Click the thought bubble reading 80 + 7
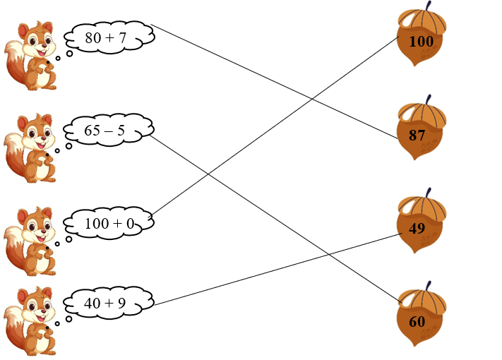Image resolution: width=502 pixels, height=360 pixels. pyautogui.click(x=107, y=38)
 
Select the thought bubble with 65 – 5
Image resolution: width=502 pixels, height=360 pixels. pyautogui.click(x=107, y=131)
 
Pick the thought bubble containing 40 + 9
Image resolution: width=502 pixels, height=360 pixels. pyautogui.click(x=107, y=304)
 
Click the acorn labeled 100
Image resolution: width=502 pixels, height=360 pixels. pyautogui.click(x=422, y=41)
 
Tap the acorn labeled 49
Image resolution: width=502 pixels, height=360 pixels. pyautogui.click(x=422, y=224)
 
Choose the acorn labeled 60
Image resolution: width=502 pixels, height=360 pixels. pyautogui.click(x=422, y=317)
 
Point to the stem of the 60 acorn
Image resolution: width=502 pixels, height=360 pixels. pyautogui.click(x=428, y=284)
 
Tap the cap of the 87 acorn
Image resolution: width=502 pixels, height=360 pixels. pyautogui.click(x=421, y=114)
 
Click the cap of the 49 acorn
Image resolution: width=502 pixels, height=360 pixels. pyautogui.click(x=422, y=206)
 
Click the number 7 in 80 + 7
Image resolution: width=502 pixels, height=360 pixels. pyautogui.click(x=122, y=38)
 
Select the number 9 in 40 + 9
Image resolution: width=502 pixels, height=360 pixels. pyautogui.click(x=122, y=304)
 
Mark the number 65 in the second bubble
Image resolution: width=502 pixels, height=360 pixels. pyautogui.click(x=92, y=131)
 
